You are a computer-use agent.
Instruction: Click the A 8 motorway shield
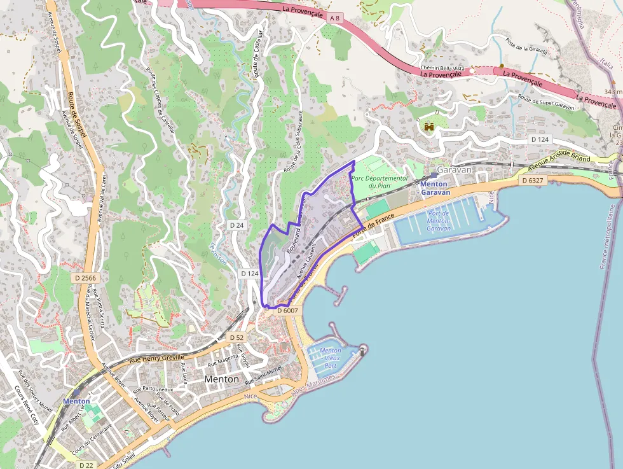[335, 19]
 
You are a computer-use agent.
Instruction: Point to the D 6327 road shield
[533, 180]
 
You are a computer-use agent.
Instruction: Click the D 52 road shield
[236, 337]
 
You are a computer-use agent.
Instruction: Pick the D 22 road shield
[86, 465]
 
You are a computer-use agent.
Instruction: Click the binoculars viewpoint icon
[429, 127]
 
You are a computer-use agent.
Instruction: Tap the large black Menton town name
[222, 379]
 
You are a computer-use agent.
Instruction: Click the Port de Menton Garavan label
[439, 221]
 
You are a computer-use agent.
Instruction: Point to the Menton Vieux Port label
[331, 358]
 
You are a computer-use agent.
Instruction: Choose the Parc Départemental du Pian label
[379, 182]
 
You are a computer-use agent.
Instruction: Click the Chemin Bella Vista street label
[442, 67]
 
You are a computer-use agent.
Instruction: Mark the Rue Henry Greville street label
[156, 360]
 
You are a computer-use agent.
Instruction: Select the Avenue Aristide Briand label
[559, 164]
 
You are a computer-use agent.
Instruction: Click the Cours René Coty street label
[27, 407]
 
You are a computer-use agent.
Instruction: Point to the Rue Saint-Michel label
[263, 376]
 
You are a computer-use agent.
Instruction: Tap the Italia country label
[606, 64]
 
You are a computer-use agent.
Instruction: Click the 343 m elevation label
[612, 92]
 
